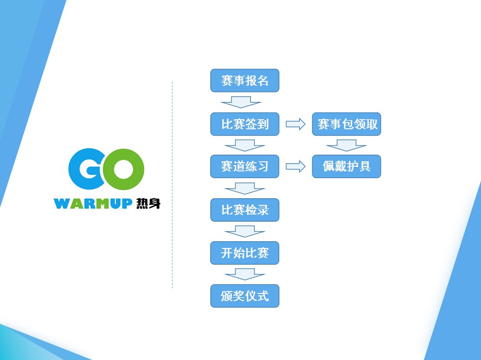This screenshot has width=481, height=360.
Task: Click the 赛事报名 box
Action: pos(245,80)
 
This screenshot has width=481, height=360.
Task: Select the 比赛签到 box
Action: pos(245,124)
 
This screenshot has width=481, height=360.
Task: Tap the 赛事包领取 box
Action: pos(347,124)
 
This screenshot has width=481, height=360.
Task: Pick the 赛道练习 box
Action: pos(245,167)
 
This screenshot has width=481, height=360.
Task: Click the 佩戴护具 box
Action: pos(347,167)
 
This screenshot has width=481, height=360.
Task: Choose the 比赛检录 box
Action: pos(245,210)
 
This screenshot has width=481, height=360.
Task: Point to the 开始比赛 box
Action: pos(245,253)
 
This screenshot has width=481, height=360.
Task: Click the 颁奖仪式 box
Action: pos(245,296)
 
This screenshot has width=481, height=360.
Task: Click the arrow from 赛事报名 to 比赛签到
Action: pos(241,102)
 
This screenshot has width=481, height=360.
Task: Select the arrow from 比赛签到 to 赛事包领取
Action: pos(296,124)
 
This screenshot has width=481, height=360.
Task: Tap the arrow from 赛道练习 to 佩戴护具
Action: pos(296,167)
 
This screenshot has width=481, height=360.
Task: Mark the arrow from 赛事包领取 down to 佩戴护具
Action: pos(347,146)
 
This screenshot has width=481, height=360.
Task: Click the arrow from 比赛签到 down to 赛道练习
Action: pos(245,146)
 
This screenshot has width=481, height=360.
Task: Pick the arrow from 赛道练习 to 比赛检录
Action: pos(245,189)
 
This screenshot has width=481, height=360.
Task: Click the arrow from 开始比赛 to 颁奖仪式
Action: pos(245,274)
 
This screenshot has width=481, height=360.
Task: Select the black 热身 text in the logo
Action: pos(149,203)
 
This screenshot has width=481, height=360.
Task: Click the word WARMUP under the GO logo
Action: pos(93,203)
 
